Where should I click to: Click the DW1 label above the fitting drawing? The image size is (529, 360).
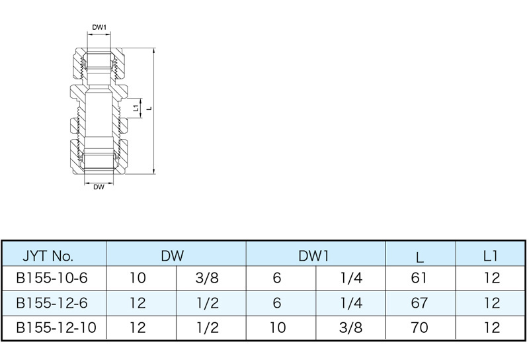[99, 28]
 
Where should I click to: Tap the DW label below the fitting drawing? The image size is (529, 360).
[99, 187]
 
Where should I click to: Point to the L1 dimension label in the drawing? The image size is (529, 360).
[136, 108]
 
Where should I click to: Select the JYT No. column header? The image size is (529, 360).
[48, 256]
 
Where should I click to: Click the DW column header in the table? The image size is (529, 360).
[173, 256]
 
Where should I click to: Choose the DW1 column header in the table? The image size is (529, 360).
[313, 256]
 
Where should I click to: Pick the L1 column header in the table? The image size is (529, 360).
[491, 256]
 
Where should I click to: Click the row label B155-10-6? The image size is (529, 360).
[52, 278]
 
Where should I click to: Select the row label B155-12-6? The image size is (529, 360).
[52, 302]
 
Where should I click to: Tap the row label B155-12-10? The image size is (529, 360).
[56, 327]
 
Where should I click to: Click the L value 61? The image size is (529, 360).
[419, 278]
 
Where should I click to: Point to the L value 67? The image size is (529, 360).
[419, 302]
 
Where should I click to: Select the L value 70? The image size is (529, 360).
[419, 327]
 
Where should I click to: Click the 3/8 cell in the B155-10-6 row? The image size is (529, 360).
[207, 278]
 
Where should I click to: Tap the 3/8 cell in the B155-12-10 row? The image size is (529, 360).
[351, 327]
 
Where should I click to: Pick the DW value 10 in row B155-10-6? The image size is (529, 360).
[138, 278]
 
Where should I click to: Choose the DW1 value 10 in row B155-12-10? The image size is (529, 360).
[278, 327]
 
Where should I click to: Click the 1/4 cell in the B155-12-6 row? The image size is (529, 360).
[351, 302]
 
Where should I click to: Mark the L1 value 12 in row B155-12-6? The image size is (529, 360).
[492, 302]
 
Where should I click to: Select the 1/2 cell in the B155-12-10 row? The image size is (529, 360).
[208, 327]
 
